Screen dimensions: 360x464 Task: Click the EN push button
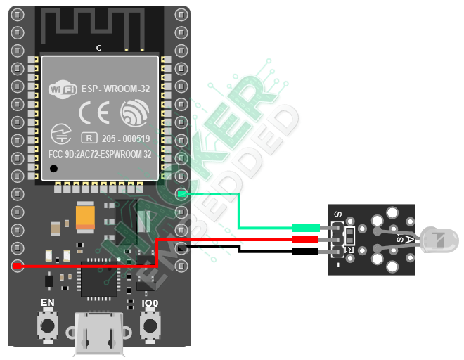click(x=48, y=325)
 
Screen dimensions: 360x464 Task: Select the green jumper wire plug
click(x=306, y=228)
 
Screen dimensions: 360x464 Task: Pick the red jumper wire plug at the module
click(x=306, y=240)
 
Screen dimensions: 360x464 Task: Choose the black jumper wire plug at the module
click(x=306, y=251)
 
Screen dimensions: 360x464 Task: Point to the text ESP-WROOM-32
click(x=115, y=89)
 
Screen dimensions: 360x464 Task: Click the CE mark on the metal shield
click(x=94, y=112)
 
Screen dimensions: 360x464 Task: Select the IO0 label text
click(x=150, y=304)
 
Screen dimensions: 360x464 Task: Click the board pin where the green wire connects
click(x=181, y=193)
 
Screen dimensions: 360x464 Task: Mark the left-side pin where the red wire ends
click(x=18, y=266)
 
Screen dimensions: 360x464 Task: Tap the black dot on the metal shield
click(x=53, y=168)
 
